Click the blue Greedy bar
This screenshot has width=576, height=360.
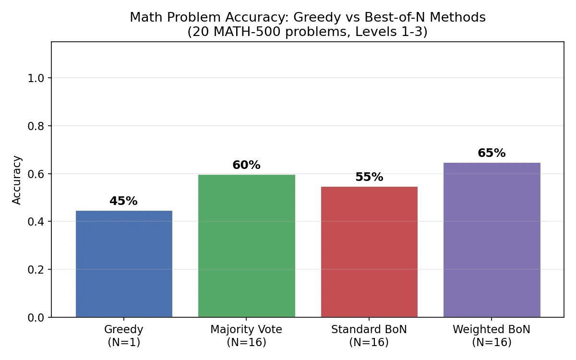pyautogui.click(x=124, y=264)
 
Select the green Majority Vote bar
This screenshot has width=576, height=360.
pyautogui.click(x=246, y=246)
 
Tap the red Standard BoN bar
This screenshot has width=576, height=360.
pyautogui.click(x=369, y=252)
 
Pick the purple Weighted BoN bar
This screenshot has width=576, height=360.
pyautogui.click(x=492, y=240)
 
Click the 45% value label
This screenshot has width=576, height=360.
pyautogui.click(x=123, y=201)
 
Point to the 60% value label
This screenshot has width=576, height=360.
pyautogui.click(x=246, y=165)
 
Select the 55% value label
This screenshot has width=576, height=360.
pyautogui.click(x=369, y=177)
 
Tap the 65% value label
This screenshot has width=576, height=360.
pyautogui.click(x=492, y=153)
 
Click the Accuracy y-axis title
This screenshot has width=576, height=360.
pyautogui.click(x=17, y=180)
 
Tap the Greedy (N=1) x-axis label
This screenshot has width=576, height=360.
pyautogui.click(x=124, y=336)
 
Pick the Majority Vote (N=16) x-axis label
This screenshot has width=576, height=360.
pyautogui.click(x=246, y=336)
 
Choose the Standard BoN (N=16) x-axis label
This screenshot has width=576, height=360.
pyautogui.click(x=369, y=336)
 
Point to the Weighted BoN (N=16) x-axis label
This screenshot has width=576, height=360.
pyautogui.click(x=492, y=336)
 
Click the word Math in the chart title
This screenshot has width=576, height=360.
pyautogui.click(x=143, y=18)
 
